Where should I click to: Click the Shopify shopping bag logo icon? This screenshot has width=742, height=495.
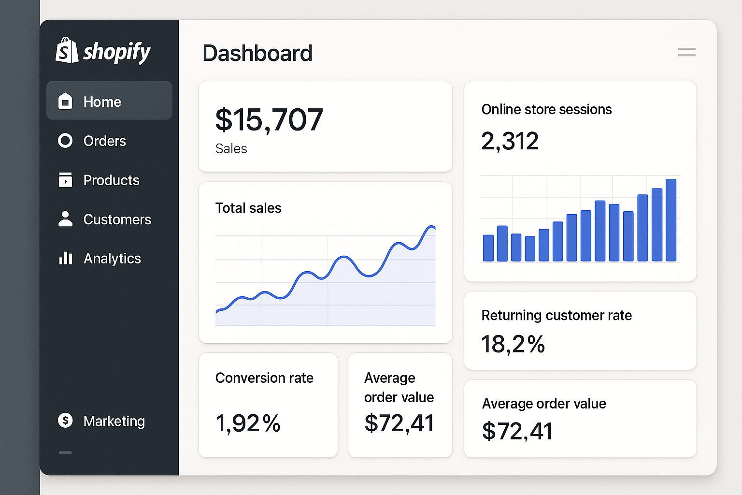(67, 51)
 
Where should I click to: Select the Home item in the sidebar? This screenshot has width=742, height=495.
(102, 102)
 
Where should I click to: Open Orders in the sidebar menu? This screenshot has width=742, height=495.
(104, 141)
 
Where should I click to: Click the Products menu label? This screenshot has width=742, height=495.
(111, 180)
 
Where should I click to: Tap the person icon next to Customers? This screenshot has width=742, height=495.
(65, 219)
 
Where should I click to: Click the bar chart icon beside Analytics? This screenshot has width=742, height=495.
(65, 258)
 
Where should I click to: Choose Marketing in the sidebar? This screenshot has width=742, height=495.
(114, 421)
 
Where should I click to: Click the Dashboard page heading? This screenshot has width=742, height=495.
(257, 53)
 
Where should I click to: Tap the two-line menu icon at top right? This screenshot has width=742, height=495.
(686, 52)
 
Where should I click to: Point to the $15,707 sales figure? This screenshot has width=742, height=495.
(269, 120)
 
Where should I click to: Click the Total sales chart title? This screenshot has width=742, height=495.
(248, 208)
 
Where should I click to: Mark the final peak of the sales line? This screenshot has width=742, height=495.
(430, 227)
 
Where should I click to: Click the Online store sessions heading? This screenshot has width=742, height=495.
(546, 110)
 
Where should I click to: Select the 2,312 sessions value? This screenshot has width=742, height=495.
(510, 141)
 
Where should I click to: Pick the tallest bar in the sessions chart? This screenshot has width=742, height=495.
(671, 220)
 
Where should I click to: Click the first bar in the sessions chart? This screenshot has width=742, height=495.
(488, 248)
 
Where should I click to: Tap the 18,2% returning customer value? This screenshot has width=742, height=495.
(513, 345)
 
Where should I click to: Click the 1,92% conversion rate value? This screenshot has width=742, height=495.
(248, 423)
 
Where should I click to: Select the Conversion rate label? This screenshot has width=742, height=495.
(264, 378)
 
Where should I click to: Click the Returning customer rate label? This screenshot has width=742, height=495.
(556, 316)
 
